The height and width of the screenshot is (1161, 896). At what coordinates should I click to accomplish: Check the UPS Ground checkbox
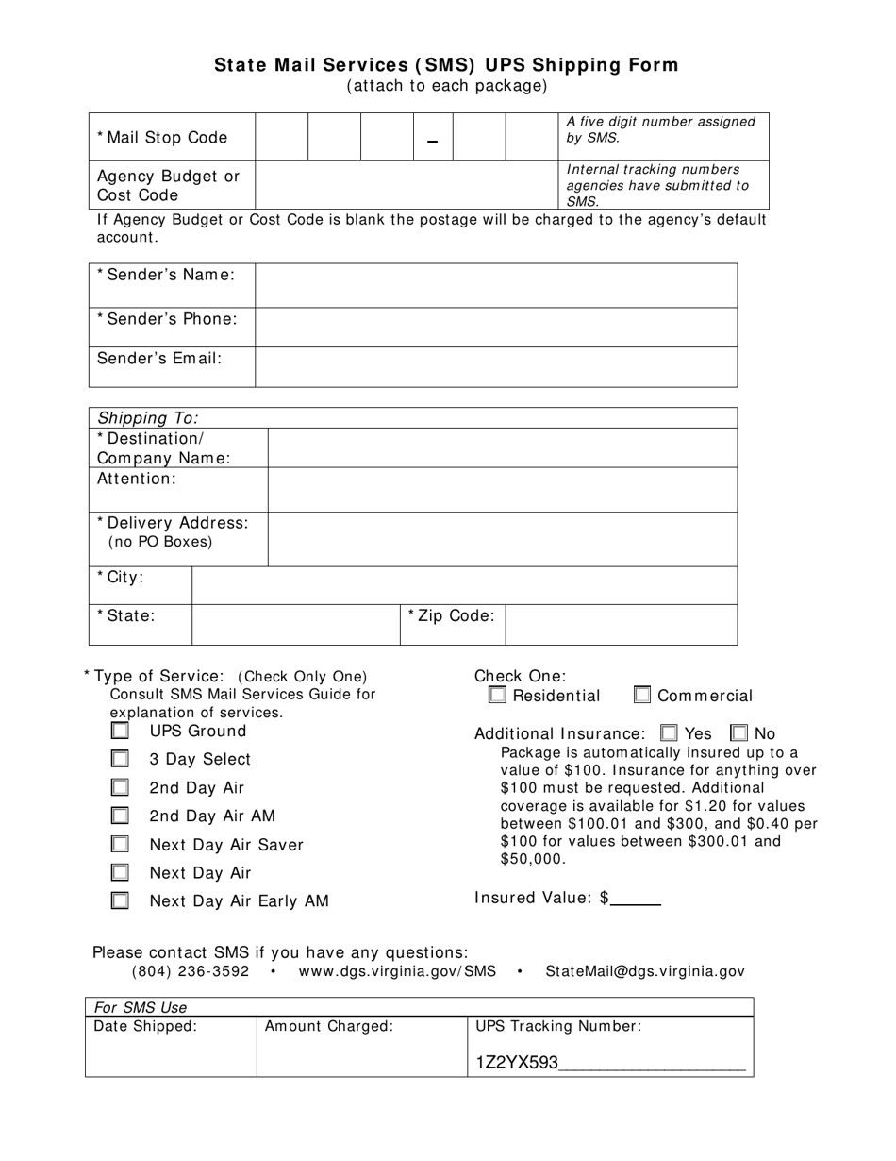pyautogui.click(x=120, y=731)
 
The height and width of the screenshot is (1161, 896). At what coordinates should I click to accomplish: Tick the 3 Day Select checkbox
pyautogui.click(x=120, y=759)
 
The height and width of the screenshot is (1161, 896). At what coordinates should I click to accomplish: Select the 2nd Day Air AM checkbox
pyautogui.click(x=120, y=816)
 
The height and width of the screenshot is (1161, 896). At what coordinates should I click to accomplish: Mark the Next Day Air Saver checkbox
pyautogui.click(x=120, y=844)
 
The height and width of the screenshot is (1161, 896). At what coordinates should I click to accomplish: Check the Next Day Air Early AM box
pyautogui.click(x=120, y=900)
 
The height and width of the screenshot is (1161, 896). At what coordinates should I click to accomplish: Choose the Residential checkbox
pyautogui.click(x=497, y=696)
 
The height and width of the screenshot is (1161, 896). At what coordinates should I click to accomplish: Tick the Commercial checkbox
pyautogui.click(x=642, y=696)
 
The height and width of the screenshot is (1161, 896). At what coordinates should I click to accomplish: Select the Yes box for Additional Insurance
pyautogui.click(x=669, y=732)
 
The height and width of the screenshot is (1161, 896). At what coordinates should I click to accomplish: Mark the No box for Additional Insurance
pyautogui.click(x=739, y=732)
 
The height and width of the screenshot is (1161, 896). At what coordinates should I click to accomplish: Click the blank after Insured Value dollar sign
pyautogui.click(x=637, y=899)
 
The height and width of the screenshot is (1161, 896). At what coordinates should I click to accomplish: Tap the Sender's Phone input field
pyautogui.click(x=496, y=327)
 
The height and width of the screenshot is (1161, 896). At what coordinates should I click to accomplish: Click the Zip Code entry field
pyautogui.click(x=621, y=624)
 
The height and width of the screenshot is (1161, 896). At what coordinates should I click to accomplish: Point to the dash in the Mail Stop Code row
pyautogui.click(x=433, y=142)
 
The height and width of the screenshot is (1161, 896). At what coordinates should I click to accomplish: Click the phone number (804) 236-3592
pyautogui.click(x=191, y=971)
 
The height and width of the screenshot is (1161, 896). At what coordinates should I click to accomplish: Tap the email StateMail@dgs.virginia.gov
pyautogui.click(x=645, y=971)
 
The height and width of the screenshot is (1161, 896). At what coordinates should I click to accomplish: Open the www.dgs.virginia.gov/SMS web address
pyautogui.click(x=397, y=971)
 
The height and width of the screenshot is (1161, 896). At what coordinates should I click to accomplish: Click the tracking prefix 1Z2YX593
pyautogui.click(x=517, y=1063)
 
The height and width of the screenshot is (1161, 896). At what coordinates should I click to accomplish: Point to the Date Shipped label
pyautogui.click(x=146, y=1026)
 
